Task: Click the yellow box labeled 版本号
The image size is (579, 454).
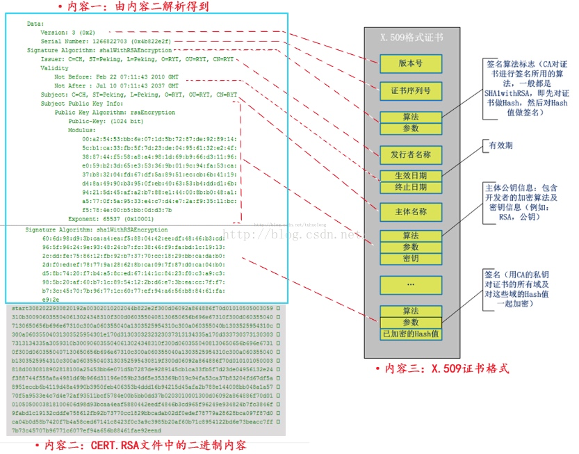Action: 410,64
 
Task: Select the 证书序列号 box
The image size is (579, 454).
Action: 410,91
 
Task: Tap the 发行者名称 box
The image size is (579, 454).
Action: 410,154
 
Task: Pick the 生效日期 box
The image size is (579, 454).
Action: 410,175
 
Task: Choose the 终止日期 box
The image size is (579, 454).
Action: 410,187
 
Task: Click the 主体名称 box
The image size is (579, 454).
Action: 410,212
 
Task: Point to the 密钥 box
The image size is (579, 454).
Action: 410,259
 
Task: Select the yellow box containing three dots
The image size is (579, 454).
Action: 410,285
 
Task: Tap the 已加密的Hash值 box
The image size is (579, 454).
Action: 410,334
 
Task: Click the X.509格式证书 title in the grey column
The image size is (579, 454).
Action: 411,38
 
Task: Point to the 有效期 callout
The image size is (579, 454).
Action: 500,145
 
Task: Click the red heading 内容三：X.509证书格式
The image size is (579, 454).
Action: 442,368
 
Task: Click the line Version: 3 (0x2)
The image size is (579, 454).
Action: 68,33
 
